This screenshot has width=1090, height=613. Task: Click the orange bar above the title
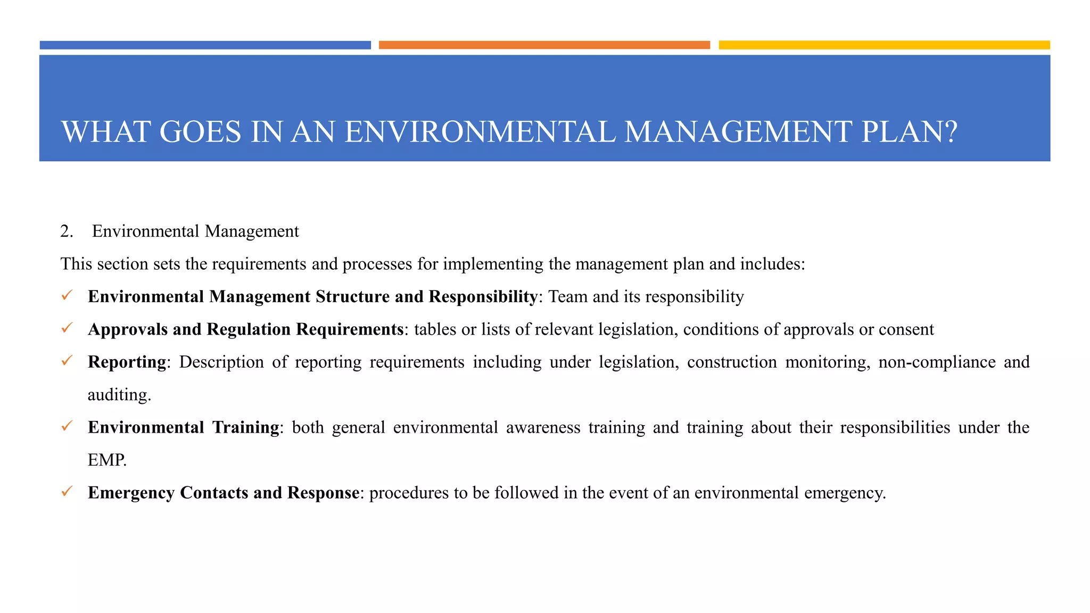point(544,45)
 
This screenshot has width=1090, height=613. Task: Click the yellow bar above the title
point(884,45)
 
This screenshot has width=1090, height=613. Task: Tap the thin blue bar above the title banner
point(205,45)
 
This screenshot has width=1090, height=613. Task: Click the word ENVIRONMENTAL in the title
point(480,132)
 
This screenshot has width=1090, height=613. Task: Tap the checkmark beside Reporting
point(67,361)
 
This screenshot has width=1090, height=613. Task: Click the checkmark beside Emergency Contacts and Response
point(67,492)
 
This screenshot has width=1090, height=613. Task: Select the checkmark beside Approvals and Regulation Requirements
point(67,328)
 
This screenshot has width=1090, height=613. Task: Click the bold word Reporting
point(127,362)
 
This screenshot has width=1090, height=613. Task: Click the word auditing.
point(119,395)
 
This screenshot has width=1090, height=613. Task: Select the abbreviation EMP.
point(107,460)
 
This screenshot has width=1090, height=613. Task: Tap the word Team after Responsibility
point(567,296)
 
